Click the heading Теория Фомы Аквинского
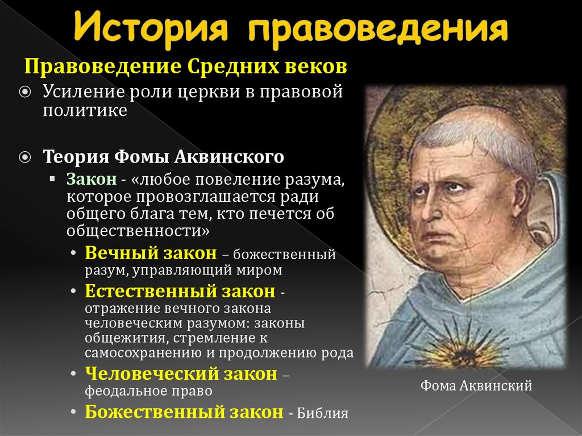tap(163, 156)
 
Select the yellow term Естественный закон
tap(180, 292)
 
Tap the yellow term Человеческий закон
tap(181, 373)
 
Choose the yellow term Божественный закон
tap(184, 411)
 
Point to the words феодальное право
tap(149, 391)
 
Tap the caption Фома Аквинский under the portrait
tap(476, 387)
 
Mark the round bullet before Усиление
tap(28, 92)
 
